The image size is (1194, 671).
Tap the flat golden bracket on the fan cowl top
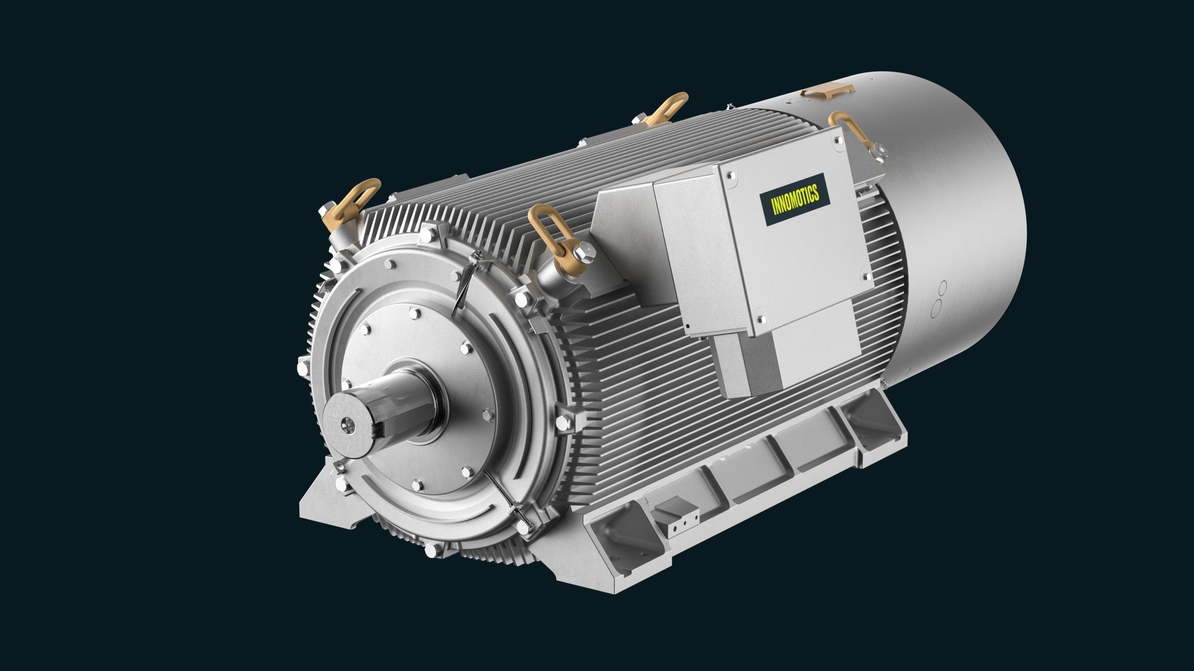(x=828, y=91)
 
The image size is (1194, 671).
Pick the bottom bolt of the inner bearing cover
(x=416, y=485)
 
